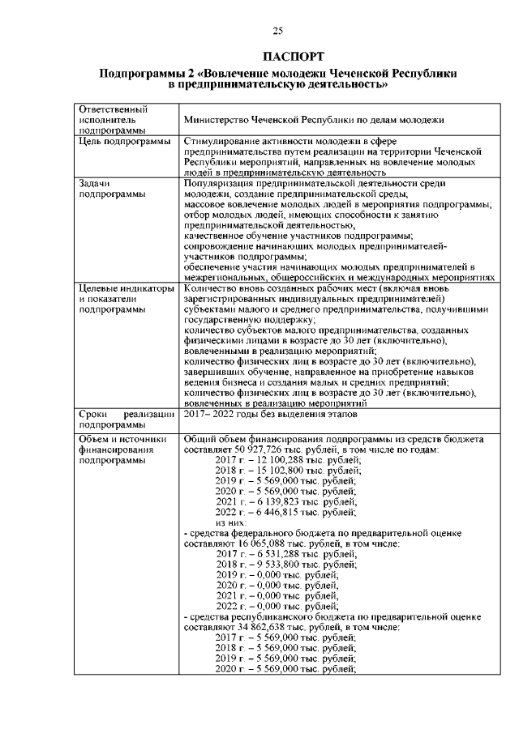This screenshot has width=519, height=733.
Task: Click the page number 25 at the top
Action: [x=277, y=31]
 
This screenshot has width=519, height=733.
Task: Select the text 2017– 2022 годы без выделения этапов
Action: [x=268, y=414]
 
